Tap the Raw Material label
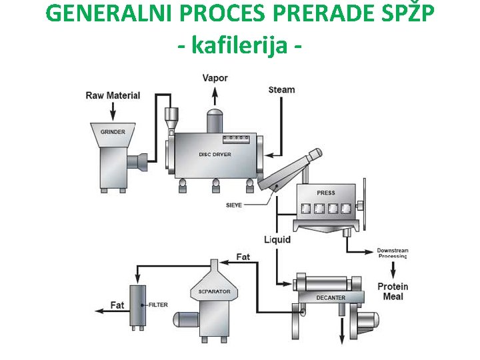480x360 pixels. [113, 95]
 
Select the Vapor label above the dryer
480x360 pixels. [215, 78]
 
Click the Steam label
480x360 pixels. [281, 89]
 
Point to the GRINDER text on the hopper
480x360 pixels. [113, 132]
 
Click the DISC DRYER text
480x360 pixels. [215, 155]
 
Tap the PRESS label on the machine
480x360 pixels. [326, 193]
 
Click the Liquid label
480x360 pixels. [277, 239]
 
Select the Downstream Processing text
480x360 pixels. [393, 253]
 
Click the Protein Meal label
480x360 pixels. [393, 291]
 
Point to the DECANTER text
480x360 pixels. [331, 297]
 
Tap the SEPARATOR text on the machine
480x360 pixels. [214, 291]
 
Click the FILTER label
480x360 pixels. [159, 305]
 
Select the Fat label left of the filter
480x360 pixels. [117, 305]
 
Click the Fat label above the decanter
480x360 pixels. [243, 257]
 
